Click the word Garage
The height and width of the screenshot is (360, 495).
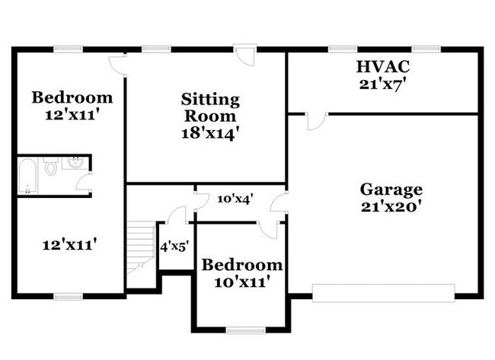[391, 190]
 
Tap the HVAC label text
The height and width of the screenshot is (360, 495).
[382, 66]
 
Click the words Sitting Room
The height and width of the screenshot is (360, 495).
[210, 108]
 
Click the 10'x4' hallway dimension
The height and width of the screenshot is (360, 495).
[235, 199]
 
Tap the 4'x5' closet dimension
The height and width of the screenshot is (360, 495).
[174, 247]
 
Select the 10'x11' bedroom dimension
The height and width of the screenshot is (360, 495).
[241, 282]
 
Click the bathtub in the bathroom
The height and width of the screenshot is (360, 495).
[27, 176]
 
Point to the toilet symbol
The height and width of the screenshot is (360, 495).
[51, 167]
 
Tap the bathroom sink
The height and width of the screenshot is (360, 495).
[76, 163]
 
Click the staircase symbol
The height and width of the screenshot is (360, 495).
[139, 245]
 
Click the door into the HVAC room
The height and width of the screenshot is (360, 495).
[317, 120]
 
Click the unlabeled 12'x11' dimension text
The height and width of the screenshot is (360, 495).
[69, 245]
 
